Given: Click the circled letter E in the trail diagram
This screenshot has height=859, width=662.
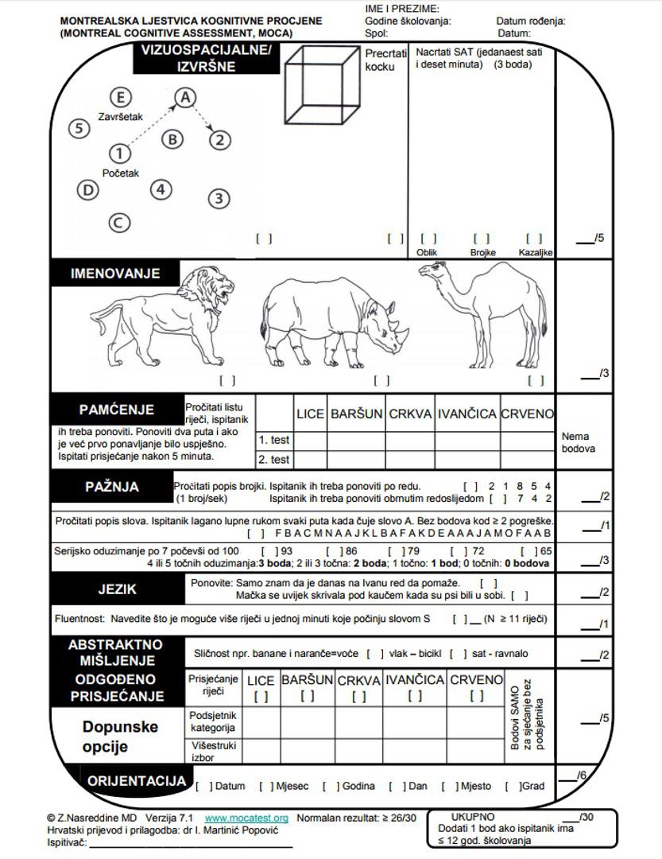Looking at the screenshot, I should click(x=121, y=97).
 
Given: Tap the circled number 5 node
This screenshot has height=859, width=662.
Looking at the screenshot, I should click(x=79, y=128).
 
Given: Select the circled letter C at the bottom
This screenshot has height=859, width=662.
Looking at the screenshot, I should click(x=118, y=223).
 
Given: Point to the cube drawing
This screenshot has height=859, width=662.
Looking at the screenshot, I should click(x=322, y=86).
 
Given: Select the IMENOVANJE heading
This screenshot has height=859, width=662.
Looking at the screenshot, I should click(x=115, y=274).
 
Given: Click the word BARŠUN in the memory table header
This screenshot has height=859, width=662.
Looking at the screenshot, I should click(x=356, y=414).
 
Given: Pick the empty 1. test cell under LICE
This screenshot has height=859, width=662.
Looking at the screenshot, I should click(x=311, y=440).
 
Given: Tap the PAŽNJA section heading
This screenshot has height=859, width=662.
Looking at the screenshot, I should click(x=112, y=487).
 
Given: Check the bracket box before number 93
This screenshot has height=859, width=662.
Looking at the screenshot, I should click(x=269, y=551).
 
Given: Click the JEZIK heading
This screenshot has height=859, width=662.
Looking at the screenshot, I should click(x=117, y=589).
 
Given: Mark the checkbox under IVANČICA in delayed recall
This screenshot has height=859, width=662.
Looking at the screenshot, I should click(x=414, y=697).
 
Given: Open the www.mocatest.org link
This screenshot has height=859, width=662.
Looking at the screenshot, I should click(x=246, y=818).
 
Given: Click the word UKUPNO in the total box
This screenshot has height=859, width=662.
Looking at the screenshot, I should click(x=473, y=817).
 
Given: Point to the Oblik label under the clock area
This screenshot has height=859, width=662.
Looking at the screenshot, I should click(x=428, y=253).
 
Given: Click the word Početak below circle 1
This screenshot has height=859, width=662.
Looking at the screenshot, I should click(x=121, y=173).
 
